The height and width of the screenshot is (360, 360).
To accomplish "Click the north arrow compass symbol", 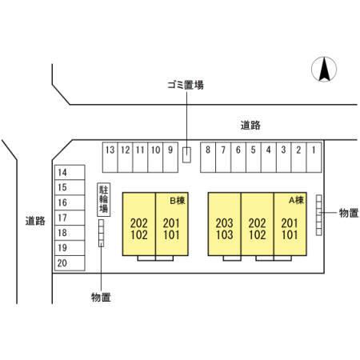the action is [324, 69].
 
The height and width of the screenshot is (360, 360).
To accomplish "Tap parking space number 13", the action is [110, 158].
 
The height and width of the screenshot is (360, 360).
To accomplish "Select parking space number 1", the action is [314, 158].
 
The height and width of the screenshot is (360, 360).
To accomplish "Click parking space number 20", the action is [70, 263].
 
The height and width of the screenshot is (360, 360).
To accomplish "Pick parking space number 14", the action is [70, 173].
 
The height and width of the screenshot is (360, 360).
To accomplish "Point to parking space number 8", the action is [208, 158].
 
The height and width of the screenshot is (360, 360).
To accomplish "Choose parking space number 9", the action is [170, 158].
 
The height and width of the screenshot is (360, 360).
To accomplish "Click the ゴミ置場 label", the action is [186, 85].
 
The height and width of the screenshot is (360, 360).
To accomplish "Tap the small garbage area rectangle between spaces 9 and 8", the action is [186, 155].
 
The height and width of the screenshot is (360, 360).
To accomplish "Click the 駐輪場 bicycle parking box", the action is [104, 199].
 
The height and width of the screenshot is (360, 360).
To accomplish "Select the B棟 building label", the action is [178, 201].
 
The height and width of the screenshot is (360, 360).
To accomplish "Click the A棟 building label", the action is [296, 200].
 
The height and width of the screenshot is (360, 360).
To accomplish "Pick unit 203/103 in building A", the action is [225, 224].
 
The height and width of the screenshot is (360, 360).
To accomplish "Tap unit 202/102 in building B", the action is [139, 224].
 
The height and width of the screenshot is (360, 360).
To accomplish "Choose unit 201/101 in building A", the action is [290, 224].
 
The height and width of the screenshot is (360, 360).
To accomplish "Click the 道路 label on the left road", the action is [35, 221].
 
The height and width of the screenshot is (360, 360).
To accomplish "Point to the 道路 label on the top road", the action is [250, 125].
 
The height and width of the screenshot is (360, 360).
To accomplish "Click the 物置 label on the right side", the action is [349, 213].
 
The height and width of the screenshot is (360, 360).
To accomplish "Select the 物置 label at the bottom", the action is [101, 297].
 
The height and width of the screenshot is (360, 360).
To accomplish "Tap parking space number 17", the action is [70, 218].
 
